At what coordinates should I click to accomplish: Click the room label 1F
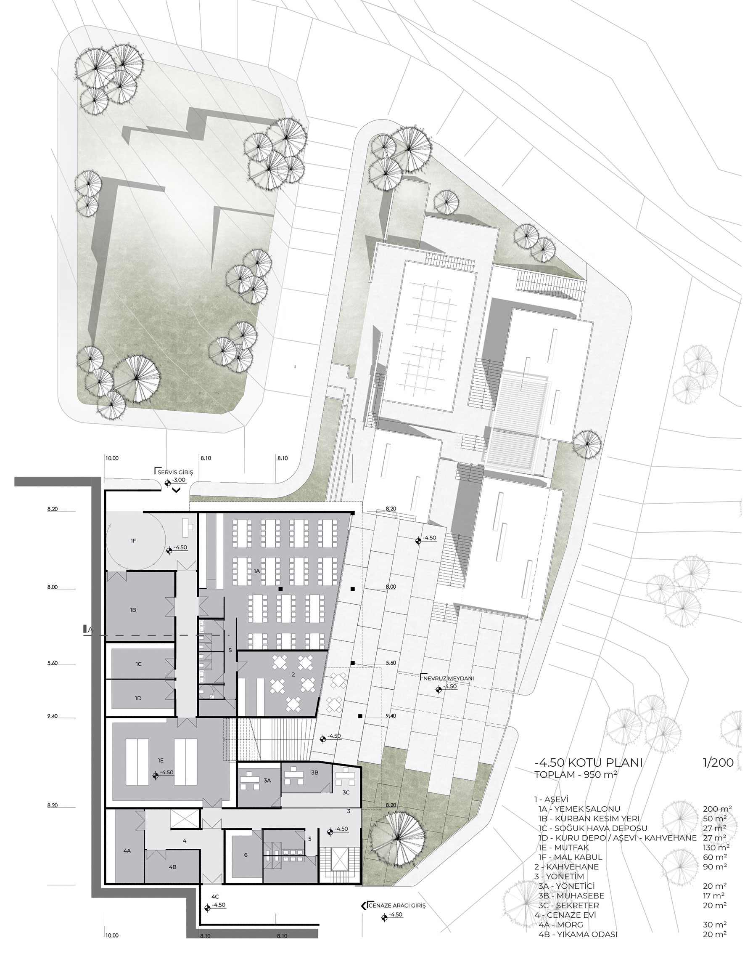tap(133, 541)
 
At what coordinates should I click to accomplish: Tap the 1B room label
tap(133, 610)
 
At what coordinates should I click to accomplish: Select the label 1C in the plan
tap(139, 664)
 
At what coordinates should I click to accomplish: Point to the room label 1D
tap(138, 698)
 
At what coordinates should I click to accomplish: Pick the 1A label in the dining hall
tap(257, 571)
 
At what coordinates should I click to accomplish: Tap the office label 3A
tap(267, 780)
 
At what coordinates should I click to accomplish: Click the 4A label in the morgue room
tap(127, 851)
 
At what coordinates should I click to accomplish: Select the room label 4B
tap(172, 867)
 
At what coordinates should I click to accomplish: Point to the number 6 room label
tap(246, 855)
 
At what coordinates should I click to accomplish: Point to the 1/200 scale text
tap(718, 763)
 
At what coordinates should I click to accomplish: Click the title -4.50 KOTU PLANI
tap(589, 763)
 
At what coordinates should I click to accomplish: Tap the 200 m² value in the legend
tap(715, 809)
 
